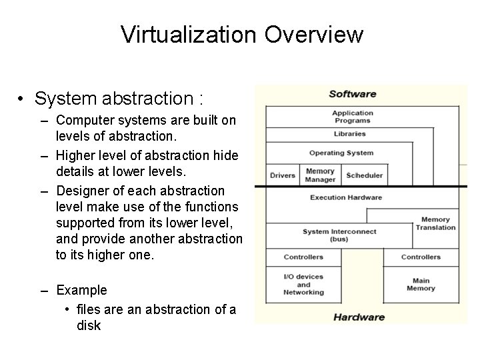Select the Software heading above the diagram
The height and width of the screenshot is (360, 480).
[352, 94]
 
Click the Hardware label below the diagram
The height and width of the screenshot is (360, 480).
[359, 317]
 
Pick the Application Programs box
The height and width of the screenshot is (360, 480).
[352, 117]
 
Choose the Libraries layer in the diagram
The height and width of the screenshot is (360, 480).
[350, 134]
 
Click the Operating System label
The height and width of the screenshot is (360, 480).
[341, 153]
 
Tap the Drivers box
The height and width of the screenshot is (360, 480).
[283, 175]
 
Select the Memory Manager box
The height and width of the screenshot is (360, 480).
[320, 175]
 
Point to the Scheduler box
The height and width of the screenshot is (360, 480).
[364, 175]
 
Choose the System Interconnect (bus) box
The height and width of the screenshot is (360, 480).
[339, 235]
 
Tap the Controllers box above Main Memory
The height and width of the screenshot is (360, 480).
[421, 257]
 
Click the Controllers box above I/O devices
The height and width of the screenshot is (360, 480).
[303, 257]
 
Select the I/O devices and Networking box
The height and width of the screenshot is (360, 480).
[303, 285]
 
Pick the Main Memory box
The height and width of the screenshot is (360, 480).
[421, 285]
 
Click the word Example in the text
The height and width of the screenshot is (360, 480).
[81, 290]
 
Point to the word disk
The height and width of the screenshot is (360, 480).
[89, 326]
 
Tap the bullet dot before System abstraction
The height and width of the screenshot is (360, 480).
[22, 99]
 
